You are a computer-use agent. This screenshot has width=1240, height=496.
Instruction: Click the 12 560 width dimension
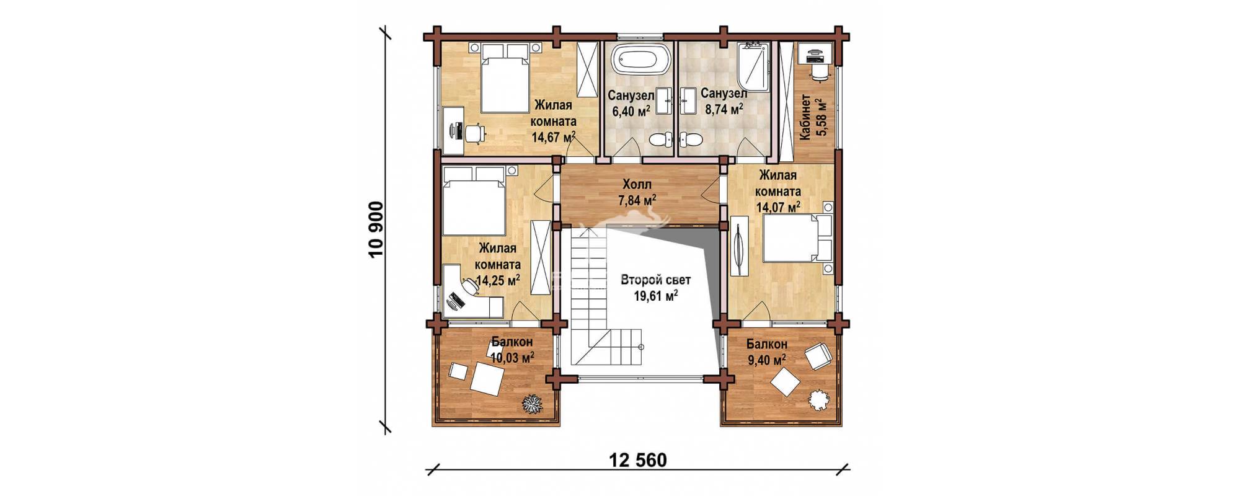(x=638, y=460)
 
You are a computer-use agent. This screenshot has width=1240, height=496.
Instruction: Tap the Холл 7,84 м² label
(x=637, y=192)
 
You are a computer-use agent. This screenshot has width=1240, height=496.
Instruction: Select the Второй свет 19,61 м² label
(x=655, y=288)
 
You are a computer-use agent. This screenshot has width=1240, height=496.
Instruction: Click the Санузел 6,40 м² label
(x=631, y=104)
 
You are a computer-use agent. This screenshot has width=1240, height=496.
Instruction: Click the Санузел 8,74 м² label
(x=724, y=102)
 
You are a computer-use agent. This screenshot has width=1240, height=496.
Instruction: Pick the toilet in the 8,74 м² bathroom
(x=691, y=138)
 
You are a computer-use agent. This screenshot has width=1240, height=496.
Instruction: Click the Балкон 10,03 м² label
(x=512, y=350)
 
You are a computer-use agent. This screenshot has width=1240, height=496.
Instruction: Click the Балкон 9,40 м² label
(x=767, y=352)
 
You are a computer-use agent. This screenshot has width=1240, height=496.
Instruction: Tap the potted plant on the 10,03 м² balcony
(x=532, y=404)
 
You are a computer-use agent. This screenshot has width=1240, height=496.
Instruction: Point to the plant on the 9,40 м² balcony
(x=820, y=399)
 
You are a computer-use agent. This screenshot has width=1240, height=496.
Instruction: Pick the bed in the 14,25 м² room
(x=475, y=200)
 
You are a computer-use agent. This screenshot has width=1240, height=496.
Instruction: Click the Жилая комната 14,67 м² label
(x=554, y=122)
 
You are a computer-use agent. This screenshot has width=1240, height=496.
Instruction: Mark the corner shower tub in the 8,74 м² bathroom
(x=753, y=67)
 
